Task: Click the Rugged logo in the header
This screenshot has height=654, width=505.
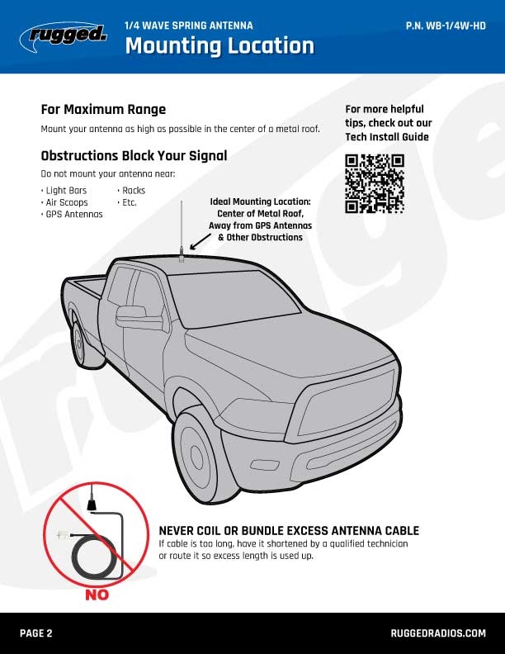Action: [64, 36]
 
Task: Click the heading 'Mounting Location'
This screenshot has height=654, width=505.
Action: [219, 45]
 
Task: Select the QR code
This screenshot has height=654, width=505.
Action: [374, 183]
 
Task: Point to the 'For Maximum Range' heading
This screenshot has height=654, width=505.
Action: [103, 109]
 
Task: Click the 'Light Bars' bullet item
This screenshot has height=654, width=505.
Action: [64, 191]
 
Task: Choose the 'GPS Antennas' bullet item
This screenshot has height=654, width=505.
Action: [72, 215]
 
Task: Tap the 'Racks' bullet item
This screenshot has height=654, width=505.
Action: [131, 191]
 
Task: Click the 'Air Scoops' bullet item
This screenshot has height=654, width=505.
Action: [64, 202]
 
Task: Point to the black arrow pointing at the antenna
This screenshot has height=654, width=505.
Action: [201, 241]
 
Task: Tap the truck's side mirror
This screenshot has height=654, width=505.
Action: [139, 318]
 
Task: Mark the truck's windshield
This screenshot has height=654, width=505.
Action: [234, 298]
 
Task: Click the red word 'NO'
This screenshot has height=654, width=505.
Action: [97, 595]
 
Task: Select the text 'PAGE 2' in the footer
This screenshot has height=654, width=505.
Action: [36, 633]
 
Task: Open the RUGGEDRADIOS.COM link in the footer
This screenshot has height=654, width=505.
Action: [438, 633]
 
